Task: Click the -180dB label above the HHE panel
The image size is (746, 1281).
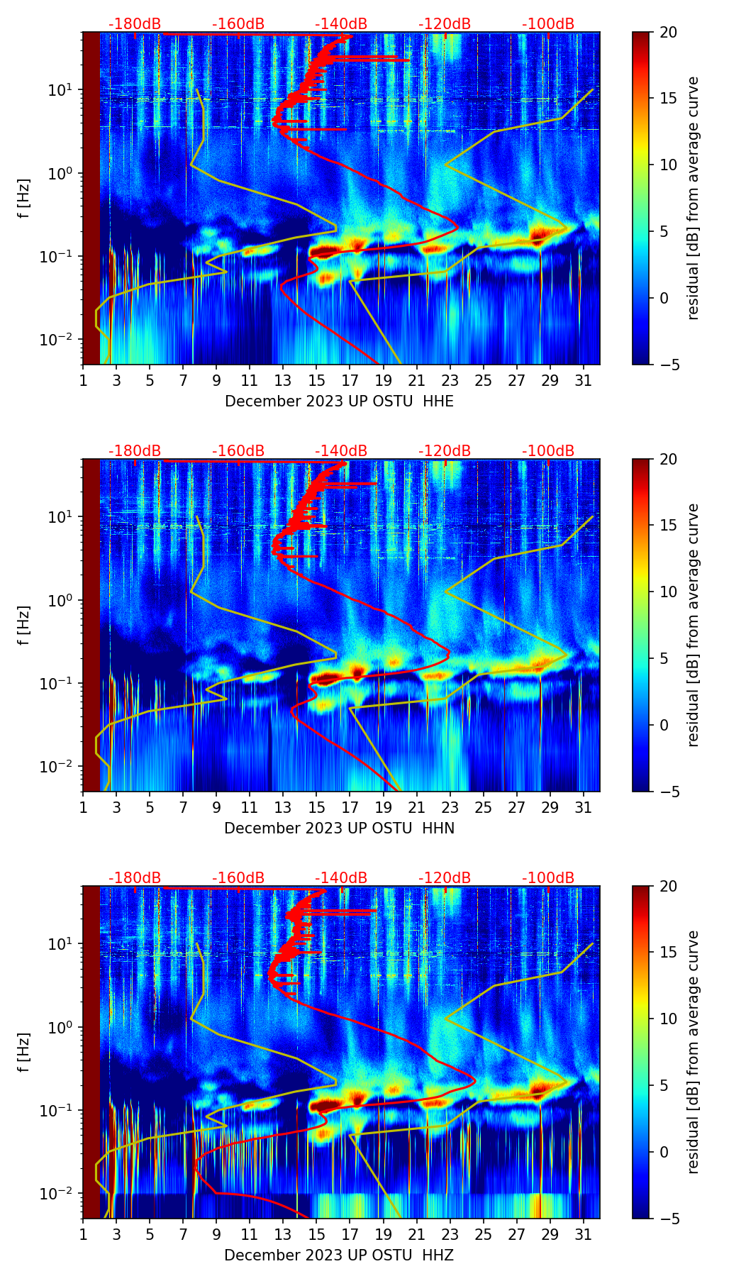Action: (x=135, y=24)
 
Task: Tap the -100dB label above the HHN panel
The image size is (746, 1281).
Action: (x=548, y=451)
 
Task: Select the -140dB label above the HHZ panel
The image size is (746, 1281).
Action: (x=341, y=878)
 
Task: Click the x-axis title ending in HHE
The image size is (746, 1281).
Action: (x=339, y=401)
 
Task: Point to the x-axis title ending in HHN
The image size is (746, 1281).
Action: (x=339, y=828)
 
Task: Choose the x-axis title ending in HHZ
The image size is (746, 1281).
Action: (x=339, y=1255)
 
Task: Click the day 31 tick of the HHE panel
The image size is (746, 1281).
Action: (x=584, y=380)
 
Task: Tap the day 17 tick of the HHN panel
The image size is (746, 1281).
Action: (x=350, y=807)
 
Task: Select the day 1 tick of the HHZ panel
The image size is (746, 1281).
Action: (x=83, y=1234)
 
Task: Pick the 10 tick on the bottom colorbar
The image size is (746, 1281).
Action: (x=668, y=1019)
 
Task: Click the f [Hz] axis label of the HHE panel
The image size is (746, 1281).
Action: (x=25, y=198)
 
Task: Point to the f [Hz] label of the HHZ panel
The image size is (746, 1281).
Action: (x=25, y=1052)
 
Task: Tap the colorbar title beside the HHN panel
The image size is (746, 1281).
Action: (x=694, y=625)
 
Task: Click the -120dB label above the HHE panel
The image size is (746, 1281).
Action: (x=445, y=24)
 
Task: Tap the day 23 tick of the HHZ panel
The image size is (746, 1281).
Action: (x=450, y=1234)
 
